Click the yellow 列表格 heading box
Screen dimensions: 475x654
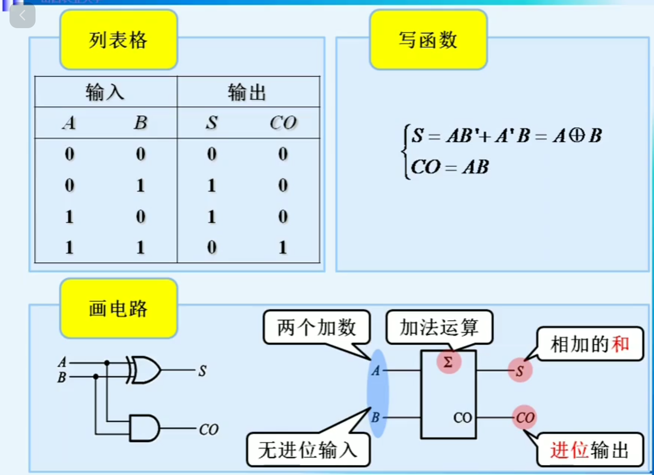pyautogui.click(x=119, y=40)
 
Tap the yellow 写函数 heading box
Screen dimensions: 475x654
pyautogui.click(x=428, y=40)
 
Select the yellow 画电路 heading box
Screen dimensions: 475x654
pyautogui.click(x=119, y=308)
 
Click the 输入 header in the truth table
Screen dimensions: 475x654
pyautogui.click(x=105, y=92)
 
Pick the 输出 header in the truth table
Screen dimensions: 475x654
pyautogui.click(x=247, y=92)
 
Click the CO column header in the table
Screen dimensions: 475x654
pyautogui.click(x=283, y=123)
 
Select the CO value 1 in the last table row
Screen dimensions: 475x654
pyautogui.click(x=283, y=247)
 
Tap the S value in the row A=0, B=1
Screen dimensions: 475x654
pyautogui.click(x=211, y=186)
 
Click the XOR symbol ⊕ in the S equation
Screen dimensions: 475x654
pyautogui.click(x=577, y=136)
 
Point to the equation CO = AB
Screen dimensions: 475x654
pyautogui.click(x=450, y=167)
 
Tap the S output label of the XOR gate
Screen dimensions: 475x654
pyautogui.click(x=202, y=371)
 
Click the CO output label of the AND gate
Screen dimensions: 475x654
pyautogui.click(x=208, y=429)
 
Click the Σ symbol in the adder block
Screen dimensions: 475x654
pyautogui.click(x=448, y=362)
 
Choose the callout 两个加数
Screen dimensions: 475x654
pyautogui.click(x=317, y=327)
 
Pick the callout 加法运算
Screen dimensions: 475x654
pyautogui.click(x=439, y=327)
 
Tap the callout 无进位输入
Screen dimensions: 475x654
pyautogui.click(x=308, y=450)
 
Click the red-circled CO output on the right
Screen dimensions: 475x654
pyautogui.click(x=524, y=417)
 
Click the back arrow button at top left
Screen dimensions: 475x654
pyautogui.click(x=23, y=16)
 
